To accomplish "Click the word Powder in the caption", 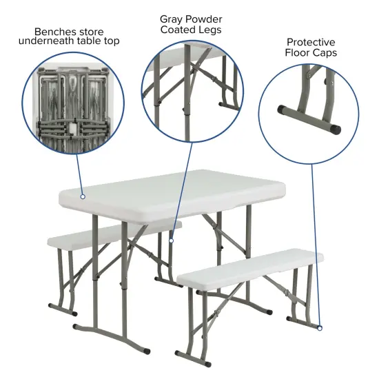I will coord(205,19).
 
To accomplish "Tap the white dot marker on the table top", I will coord(83,196).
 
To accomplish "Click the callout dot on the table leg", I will coord(171,240).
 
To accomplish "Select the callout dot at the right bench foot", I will coord(320,328).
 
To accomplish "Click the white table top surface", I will coord(172,193).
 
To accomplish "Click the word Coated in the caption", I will coord(176,30).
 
